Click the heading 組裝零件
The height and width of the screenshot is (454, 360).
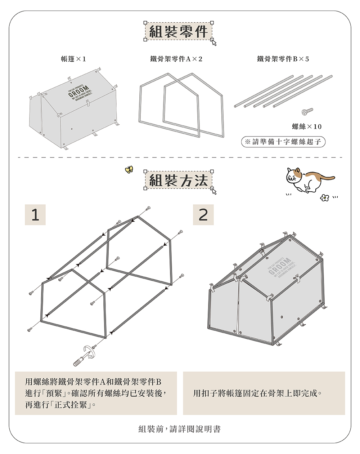[178, 32]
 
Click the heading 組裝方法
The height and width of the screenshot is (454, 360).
[178, 180]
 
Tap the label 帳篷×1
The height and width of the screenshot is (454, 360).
[73, 59]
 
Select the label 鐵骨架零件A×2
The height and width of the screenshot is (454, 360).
[176, 59]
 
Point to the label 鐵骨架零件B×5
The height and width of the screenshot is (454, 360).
[283, 59]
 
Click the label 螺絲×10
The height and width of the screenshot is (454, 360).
[306, 126]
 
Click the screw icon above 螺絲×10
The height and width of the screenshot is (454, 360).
[307, 111]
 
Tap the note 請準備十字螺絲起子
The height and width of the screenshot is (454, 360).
[283, 142]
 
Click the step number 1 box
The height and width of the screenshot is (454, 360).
[35, 215]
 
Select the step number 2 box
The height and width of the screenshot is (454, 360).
[203, 215]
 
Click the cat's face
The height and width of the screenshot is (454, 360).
[294, 176]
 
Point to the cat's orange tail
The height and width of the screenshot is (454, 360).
[324, 177]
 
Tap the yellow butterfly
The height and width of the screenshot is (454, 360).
[129, 169]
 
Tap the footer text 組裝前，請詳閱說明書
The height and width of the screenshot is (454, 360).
[180, 429]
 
